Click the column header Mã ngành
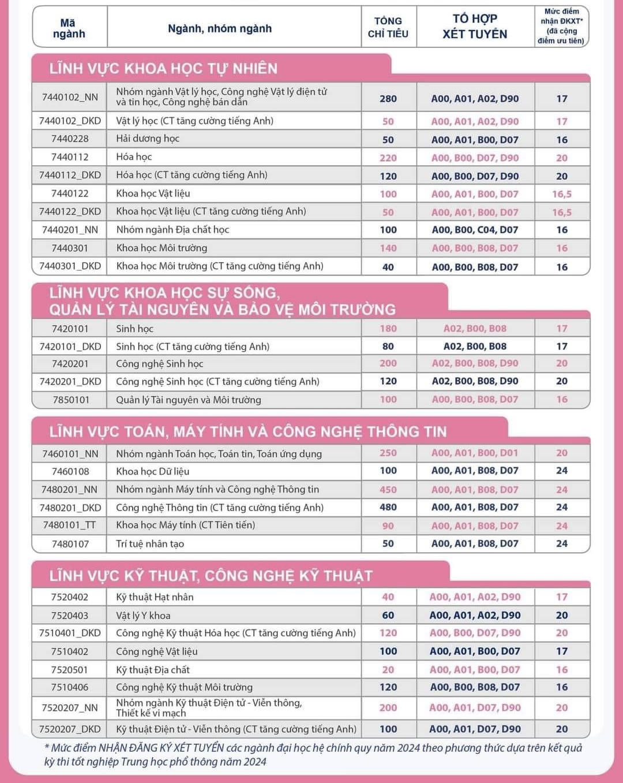(x=69, y=28)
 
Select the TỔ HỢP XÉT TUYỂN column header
(x=475, y=27)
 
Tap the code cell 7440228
(x=70, y=139)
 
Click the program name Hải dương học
(x=148, y=139)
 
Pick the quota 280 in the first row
(x=388, y=99)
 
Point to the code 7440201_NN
(x=70, y=230)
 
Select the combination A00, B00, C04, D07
(x=475, y=230)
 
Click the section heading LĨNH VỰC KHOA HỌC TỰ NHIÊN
(x=163, y=69)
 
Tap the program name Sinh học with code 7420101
(x=134, y=329)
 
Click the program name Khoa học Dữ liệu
(x=153, y=471)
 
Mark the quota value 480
(x=388, y=507)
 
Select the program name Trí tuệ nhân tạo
(x=150, y=543)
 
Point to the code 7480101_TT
(x=70, y=525)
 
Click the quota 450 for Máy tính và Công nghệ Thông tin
(x=388, y=490)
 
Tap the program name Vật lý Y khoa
(x=143, y=616)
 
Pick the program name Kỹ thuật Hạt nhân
(x=155, y=597)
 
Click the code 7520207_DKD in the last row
(x=70, y=729)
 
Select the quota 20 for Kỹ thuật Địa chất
(x=388, y=670)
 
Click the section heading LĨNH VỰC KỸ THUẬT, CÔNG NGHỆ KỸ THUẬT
(x=211, y=576)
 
